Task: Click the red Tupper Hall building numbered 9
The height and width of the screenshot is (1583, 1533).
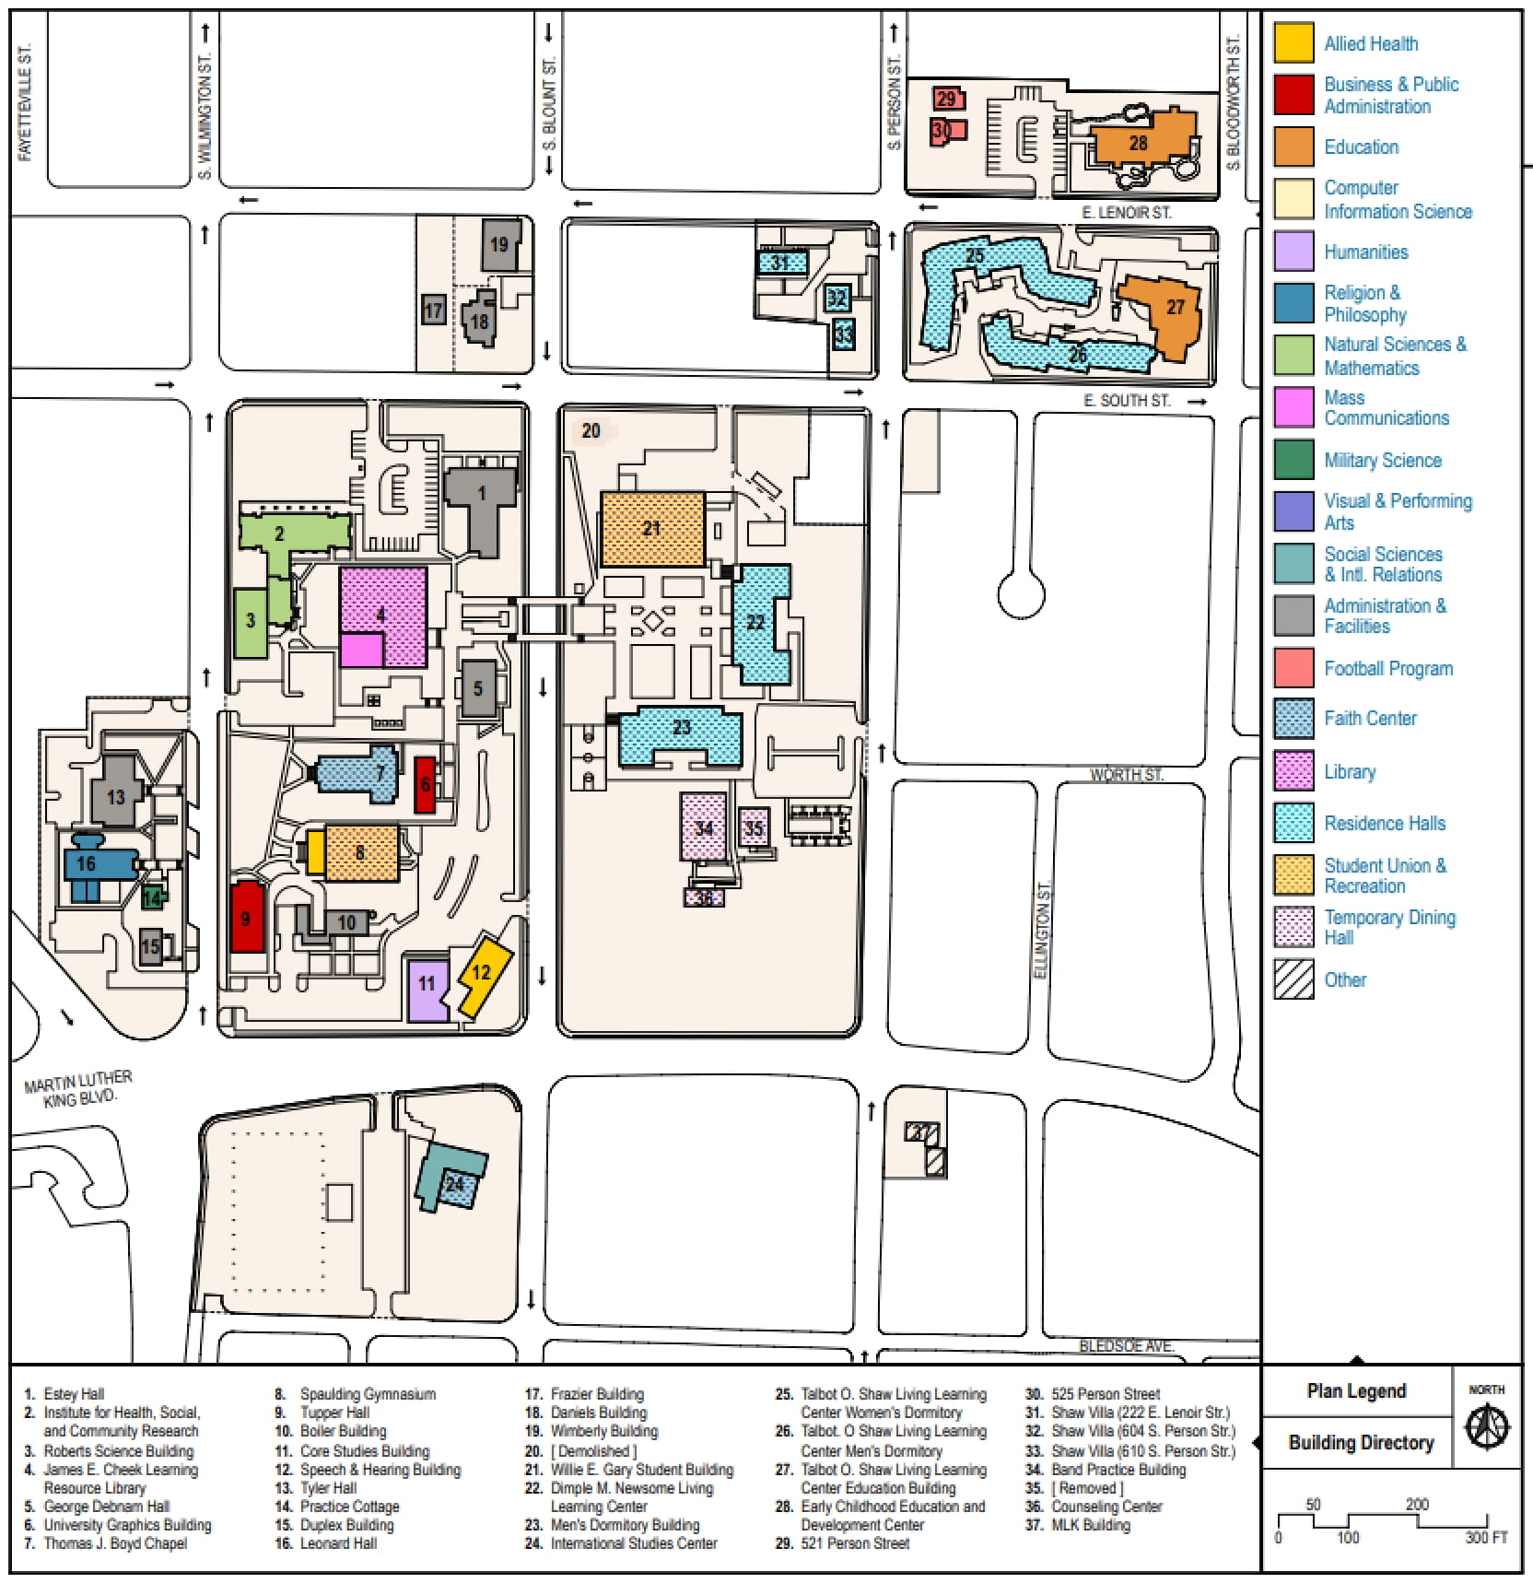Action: [247, 917]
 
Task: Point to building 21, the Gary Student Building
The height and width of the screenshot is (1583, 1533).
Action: [652, 529]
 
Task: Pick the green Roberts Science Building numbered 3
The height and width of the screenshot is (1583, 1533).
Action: [251, 622]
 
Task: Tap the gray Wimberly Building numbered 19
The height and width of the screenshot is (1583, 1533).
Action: [500, 244]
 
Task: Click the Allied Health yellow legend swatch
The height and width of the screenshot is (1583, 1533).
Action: [1293, 43]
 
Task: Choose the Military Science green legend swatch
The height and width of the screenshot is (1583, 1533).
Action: [1293, 460]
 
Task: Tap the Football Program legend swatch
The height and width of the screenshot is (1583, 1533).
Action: [1293, 668]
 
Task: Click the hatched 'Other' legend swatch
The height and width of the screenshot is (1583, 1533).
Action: [1293, 979]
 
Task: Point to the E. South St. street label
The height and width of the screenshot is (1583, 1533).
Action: [1127, 401]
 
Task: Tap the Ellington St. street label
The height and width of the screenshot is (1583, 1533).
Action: [1043, 931]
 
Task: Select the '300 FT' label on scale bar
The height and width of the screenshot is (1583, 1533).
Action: [1486, 1537]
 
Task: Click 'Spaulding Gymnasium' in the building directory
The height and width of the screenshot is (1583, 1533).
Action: [368, 1394]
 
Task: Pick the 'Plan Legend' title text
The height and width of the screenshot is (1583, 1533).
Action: [1356, 1390]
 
